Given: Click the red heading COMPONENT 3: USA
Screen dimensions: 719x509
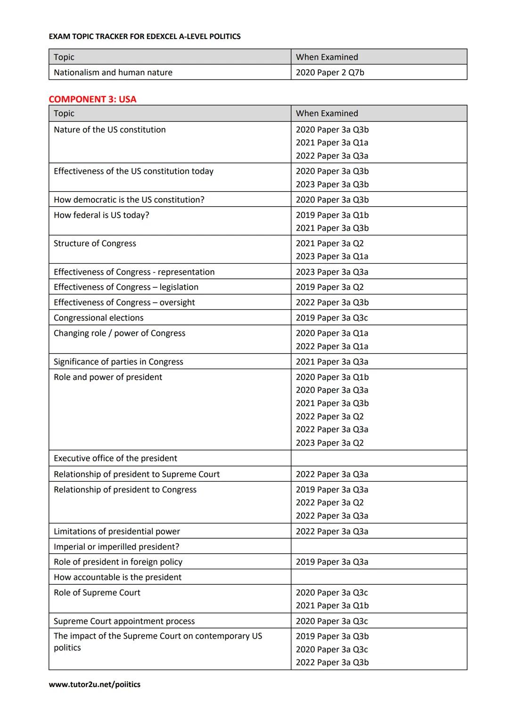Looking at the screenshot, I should point(92,99).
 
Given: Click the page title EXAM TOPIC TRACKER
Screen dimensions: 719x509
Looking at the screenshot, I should point(144,36).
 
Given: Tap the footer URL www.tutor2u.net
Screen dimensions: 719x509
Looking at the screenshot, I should point(94,684).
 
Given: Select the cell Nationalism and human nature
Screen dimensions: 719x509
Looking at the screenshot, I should point(113,73).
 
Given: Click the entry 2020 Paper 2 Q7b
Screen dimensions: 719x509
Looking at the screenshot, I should point(330,73).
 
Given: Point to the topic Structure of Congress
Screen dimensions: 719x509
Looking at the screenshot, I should point(95,243).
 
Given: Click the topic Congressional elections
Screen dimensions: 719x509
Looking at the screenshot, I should point(99,318).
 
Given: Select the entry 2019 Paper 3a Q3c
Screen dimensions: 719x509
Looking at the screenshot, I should point(332,318).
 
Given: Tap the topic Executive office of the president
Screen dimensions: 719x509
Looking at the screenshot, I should point(115,458).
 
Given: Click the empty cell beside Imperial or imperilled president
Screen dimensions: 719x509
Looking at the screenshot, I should point(378,546).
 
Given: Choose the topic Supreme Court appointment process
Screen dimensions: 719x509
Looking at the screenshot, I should point(124,621).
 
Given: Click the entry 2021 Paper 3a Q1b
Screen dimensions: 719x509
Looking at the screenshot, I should point(332,606).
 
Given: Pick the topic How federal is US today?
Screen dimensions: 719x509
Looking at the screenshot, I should point(101,215).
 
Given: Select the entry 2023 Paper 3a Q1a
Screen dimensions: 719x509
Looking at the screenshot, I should point(332,256).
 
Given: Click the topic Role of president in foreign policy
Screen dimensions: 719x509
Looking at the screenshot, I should point(118,562).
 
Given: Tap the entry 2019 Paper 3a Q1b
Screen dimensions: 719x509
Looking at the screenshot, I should point(332,215).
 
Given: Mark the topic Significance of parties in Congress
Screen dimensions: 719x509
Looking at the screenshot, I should point(118,362).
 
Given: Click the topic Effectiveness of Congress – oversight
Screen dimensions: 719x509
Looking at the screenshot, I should point(124,302).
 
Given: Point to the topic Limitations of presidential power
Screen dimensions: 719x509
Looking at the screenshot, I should point(117,531).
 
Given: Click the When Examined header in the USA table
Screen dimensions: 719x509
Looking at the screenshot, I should point(327,113).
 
